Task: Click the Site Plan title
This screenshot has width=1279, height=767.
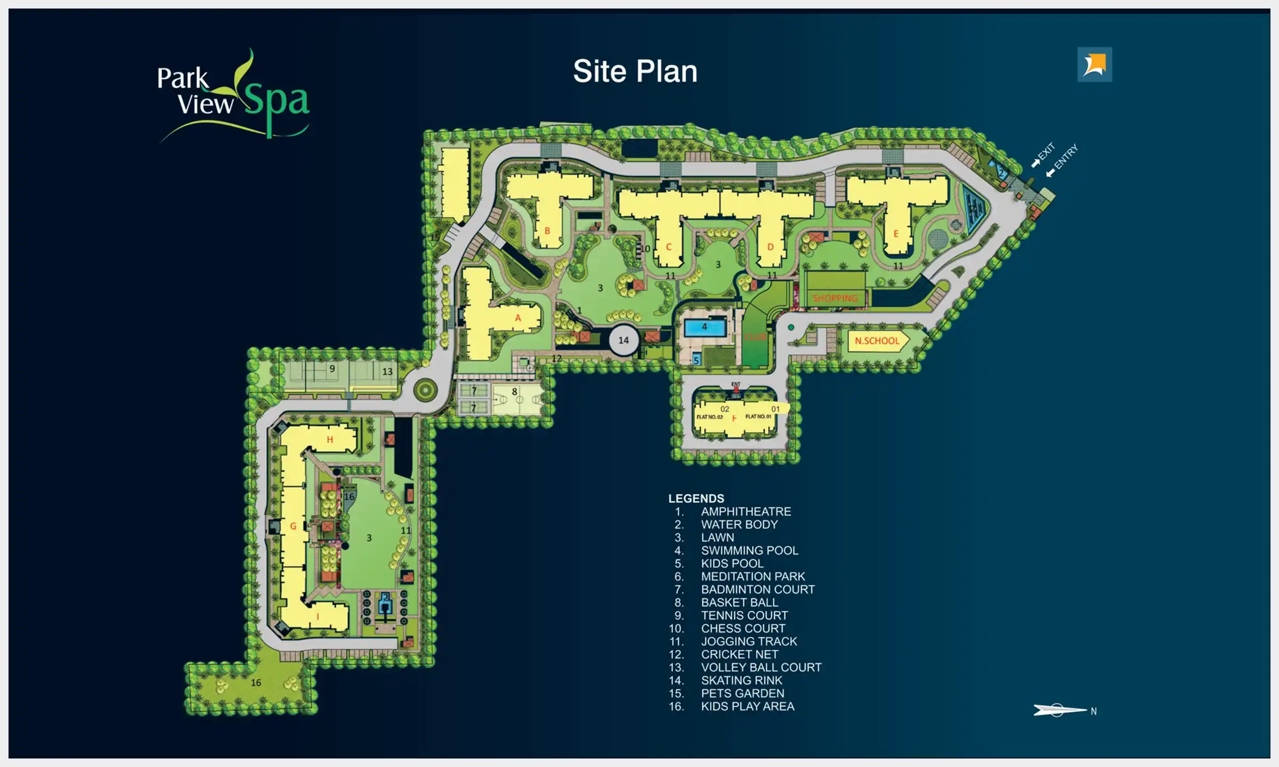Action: coord(635,71)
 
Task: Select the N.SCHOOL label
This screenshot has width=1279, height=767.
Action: coord(877,341)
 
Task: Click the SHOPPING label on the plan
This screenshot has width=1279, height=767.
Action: coord(835,298)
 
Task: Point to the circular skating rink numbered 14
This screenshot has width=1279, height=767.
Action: coord(624,340)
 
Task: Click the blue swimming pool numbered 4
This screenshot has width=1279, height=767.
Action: coord(705,327)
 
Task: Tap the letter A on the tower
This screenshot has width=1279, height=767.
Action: coord(517,318)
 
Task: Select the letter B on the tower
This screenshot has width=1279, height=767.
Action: coord(547,231)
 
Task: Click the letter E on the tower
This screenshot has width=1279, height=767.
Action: coord(896,233)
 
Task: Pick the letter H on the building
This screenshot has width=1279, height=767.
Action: coord(330,439)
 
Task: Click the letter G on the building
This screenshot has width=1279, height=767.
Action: coord(293,526)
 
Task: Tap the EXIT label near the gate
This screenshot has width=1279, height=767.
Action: coord(1046,151)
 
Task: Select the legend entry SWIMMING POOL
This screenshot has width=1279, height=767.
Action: coord(749,550)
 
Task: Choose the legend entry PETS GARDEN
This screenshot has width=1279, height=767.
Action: coord(742,693)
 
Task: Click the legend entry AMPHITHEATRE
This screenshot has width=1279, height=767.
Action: coord(746,511)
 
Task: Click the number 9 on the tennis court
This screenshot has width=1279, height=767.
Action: coord(332,369)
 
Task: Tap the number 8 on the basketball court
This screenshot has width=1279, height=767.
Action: coord(514,391)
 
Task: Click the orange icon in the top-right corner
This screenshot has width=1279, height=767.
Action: coord(1095,64)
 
